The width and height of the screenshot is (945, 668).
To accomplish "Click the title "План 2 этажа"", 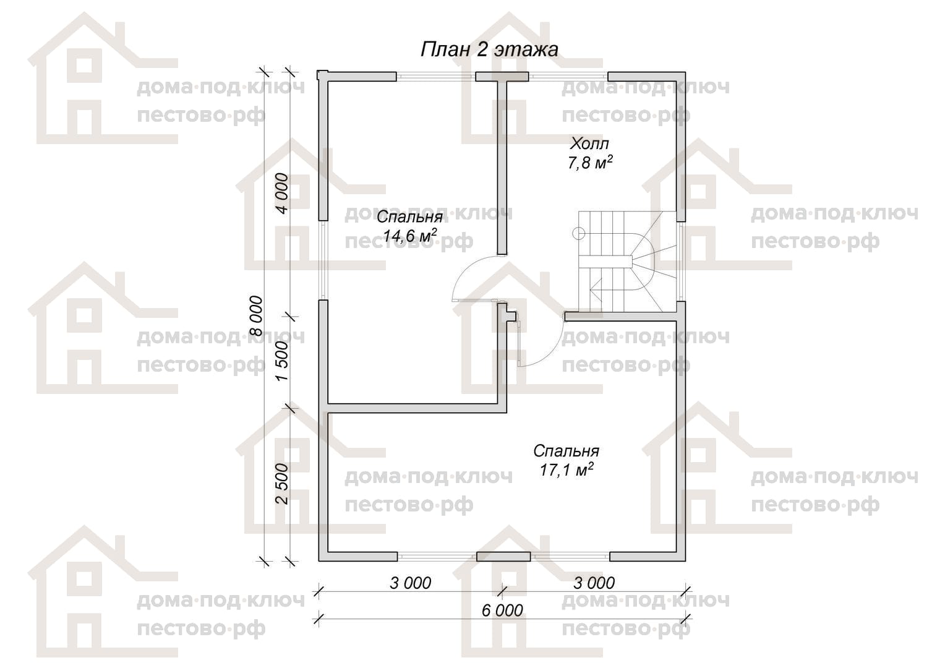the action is [489, 49].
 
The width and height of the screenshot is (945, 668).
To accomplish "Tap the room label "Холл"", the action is [589, 144].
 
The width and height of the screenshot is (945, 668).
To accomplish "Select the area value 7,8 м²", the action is [590, 163].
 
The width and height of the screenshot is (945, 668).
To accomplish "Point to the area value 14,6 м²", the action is [409, 236].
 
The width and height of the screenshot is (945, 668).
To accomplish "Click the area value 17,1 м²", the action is [566, 469].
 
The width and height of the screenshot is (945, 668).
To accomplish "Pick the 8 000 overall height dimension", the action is [256, 316].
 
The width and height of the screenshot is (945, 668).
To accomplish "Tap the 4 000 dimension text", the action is [282, 193].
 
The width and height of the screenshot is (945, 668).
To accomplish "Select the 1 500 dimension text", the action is [282, 361].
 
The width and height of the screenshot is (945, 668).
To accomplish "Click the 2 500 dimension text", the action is [282, 484].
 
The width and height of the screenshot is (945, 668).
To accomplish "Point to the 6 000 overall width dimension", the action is [502, 610].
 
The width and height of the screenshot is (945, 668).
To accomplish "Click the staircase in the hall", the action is [627, 262].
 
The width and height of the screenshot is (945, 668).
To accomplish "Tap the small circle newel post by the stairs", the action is [578, 233].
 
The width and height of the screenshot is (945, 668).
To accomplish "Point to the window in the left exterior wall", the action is [323, 260].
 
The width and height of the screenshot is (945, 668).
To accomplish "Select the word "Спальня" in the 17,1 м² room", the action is [566, 451].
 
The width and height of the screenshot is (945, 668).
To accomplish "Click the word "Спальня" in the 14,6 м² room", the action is [409, 217].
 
